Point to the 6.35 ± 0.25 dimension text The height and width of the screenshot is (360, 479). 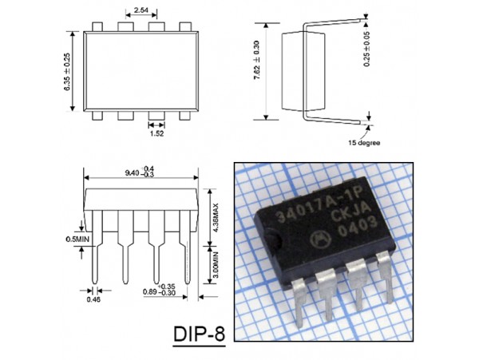[69, 72]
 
